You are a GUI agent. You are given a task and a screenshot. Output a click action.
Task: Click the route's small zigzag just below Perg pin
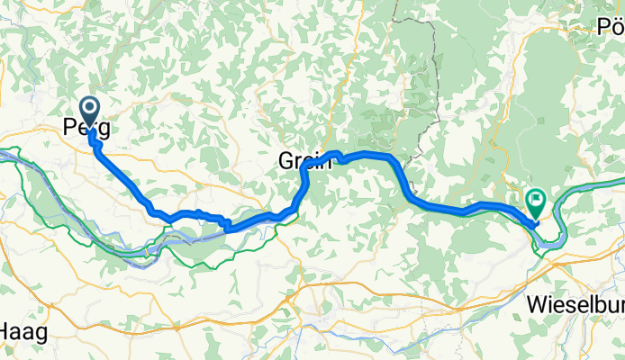click(x=95, y=139)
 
